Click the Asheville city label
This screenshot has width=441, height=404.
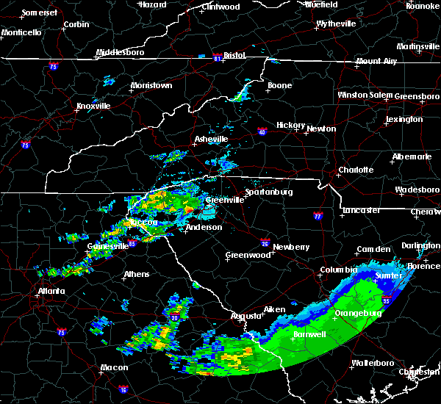tap(211, 139)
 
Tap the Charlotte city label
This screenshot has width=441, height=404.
tap(355, 170)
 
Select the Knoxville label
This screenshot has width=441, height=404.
tap(93, 106)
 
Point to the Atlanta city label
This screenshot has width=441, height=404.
tap(51, 291)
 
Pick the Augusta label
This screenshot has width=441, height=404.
tap(247, 316)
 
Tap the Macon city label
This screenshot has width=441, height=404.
tap(114, 367)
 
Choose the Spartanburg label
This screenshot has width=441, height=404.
tap(269, 192)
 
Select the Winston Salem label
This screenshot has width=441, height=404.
tap(365, 95)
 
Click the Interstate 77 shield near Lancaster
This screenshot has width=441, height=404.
tap(318, 217)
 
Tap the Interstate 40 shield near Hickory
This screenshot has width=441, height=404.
tap(263, 132)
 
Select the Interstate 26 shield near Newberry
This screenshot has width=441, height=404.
tap(266, 241)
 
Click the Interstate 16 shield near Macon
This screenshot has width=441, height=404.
tap(123, 387)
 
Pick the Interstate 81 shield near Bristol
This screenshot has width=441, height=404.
tap(218, 56)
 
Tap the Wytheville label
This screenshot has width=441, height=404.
tap(336, 24)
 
